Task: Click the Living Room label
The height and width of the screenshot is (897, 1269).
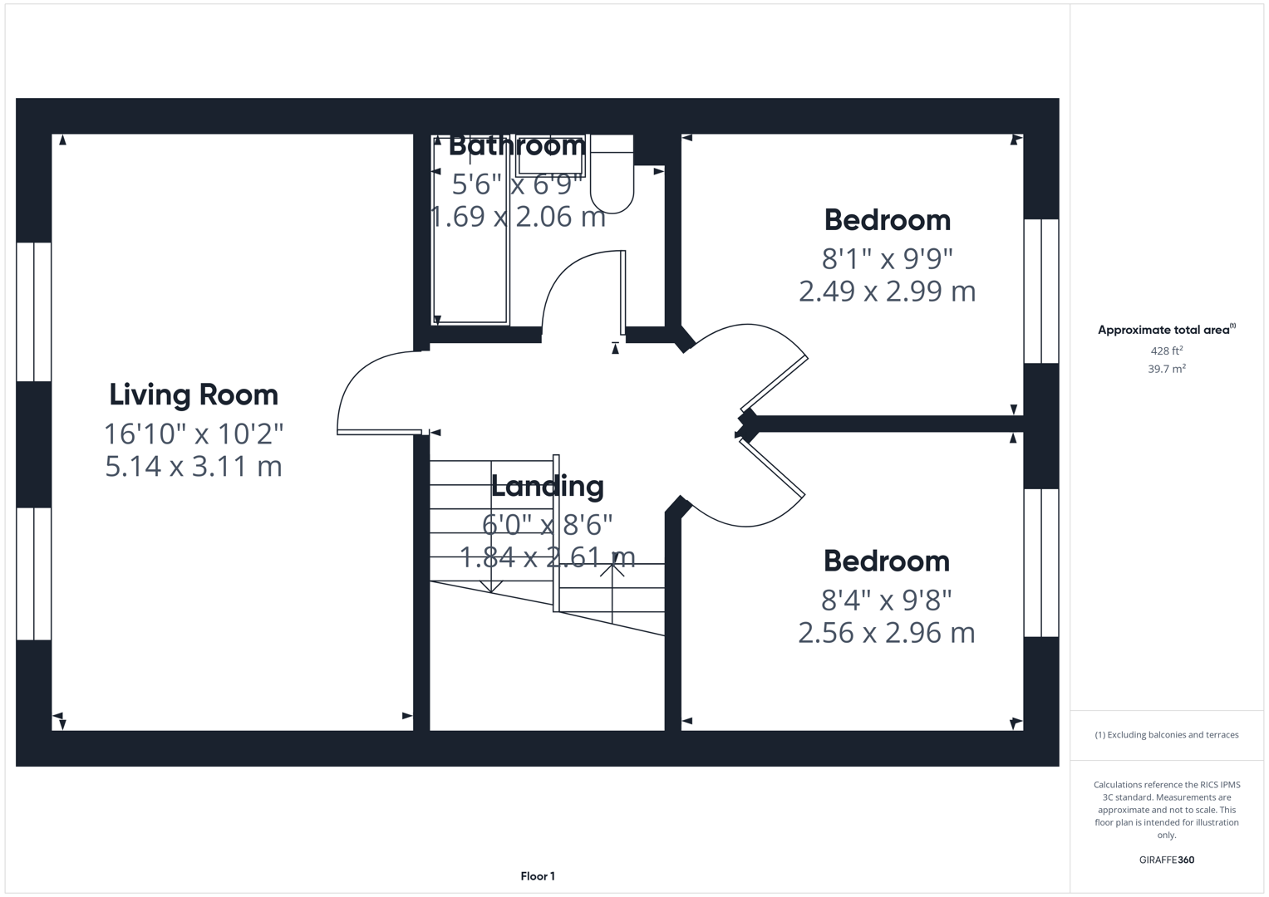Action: coord(194,395)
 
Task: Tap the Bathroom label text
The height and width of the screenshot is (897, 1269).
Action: coord(517,145)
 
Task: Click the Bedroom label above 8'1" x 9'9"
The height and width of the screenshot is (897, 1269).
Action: coord(888,220)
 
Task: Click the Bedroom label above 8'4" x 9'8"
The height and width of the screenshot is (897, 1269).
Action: coord(887,561)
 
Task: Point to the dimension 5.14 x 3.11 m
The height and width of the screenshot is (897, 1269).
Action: coord(194,467)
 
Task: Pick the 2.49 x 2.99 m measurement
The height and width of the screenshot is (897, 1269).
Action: coord(888,292)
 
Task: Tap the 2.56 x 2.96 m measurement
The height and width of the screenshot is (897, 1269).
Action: coord(887,633)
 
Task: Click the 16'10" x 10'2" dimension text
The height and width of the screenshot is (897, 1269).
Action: coord(194,434)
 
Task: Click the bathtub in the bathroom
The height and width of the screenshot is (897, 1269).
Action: coord(470,229)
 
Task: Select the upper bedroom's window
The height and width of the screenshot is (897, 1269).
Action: coord(1041,291)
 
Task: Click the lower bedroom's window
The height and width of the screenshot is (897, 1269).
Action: coord(1041,563)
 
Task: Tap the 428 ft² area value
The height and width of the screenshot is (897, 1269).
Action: coord(1167,350)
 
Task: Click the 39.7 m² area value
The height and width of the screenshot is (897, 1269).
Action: coord(1167,369)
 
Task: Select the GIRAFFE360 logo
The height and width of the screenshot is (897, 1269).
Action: coord(1167,860)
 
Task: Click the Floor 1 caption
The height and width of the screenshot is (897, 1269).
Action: coord(538,876)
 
